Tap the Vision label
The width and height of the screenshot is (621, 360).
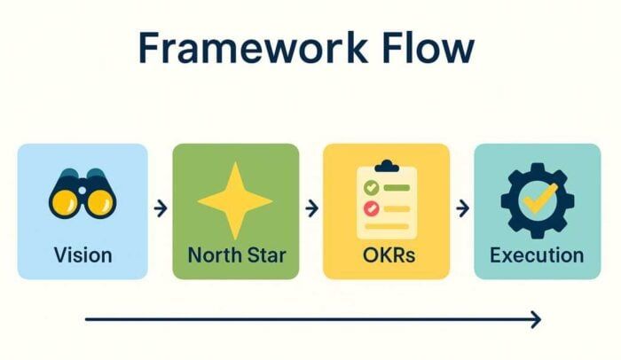coord(83,255)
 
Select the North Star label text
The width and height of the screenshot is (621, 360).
coord(235,255)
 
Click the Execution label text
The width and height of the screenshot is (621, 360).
coord(537,255)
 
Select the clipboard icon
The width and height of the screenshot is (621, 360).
coord(386,200)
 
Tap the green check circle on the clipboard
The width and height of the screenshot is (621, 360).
coord(372,188)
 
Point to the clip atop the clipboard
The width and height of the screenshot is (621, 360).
coord(386,166)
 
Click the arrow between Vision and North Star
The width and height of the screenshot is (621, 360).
coord(160,209)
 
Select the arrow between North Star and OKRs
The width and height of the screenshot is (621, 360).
coord(310,209)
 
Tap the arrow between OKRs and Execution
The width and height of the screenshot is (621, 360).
coord(461,209)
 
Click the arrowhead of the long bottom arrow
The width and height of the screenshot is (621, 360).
coord(535,320)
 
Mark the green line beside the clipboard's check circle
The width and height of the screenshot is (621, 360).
coord(396,188)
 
